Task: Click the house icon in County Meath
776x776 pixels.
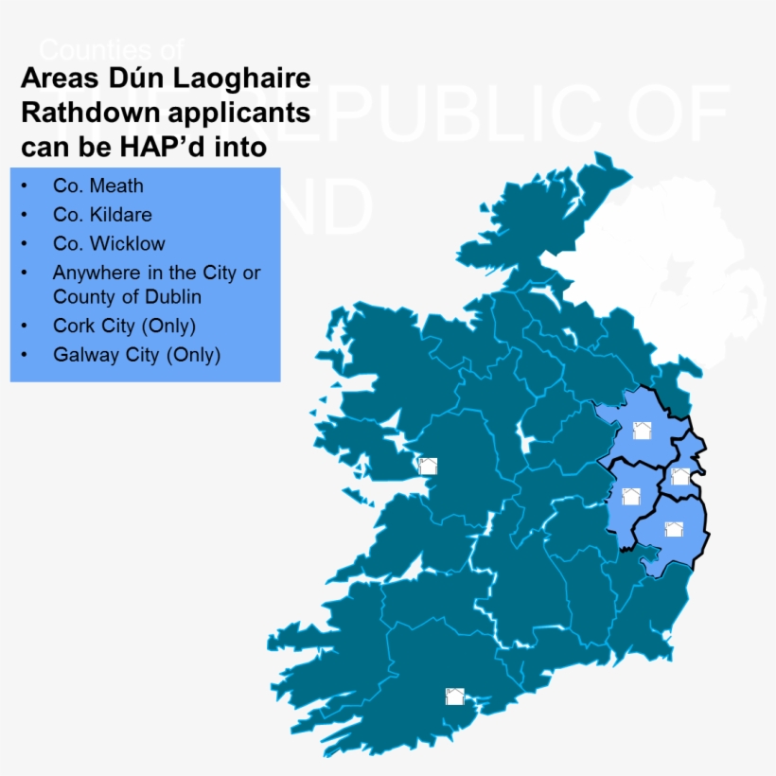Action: [642, 432]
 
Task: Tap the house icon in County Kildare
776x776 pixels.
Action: [631, 496]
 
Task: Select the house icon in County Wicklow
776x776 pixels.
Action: [674, 529]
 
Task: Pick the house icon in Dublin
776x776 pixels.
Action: [679, 476]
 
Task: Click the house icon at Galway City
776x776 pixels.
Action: [428, 466]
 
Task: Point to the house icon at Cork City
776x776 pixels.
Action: [454, 697]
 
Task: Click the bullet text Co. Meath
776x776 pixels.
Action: [98, 186]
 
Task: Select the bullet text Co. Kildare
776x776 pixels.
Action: [102, 215]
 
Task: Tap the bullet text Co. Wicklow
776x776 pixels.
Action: [109, 243]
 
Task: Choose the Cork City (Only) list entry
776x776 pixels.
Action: [124, 326]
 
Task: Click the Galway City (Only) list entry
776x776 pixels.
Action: [136, 355]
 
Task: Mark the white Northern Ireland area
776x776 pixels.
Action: [662, 274]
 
